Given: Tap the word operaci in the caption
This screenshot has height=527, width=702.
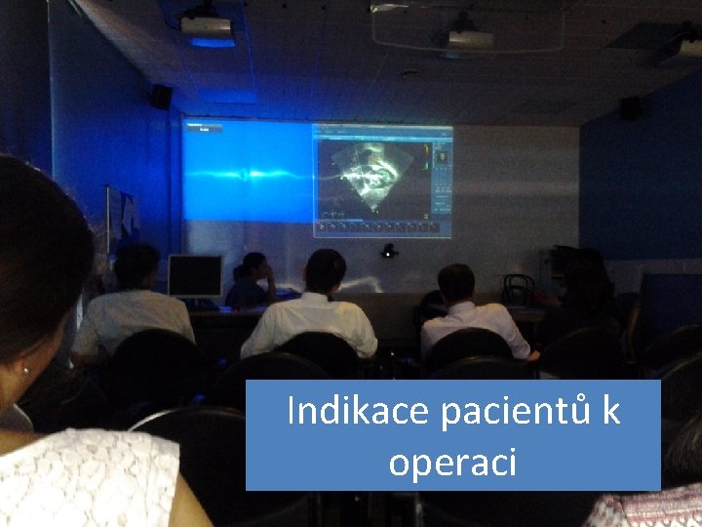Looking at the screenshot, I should (452, 462).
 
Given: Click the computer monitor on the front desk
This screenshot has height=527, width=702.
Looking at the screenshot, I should (195, 275).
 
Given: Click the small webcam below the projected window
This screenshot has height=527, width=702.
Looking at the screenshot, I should (390, 251).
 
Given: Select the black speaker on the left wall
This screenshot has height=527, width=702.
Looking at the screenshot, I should (161, 97).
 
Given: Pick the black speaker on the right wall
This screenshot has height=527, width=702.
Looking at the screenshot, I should (632, 108).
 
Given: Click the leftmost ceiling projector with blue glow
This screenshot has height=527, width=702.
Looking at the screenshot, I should (208, 26).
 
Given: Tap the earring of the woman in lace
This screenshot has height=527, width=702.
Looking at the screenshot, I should (26, 371).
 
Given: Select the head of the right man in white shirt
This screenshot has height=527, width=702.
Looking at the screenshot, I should (456, 283).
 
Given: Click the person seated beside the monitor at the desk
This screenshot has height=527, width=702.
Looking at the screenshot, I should (251, 281).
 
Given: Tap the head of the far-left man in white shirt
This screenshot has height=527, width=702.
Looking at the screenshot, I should (136, 266).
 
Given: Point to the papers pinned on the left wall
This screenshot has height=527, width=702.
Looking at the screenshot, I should (120, 217).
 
